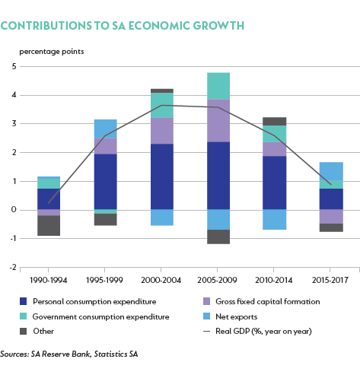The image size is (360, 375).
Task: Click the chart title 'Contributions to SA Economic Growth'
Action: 123,26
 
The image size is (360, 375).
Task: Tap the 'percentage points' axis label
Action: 52,52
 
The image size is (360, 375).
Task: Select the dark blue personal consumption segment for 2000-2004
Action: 162,176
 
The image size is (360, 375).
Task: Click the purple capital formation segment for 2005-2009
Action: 218,121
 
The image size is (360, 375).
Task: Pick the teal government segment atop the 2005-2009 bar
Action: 218,86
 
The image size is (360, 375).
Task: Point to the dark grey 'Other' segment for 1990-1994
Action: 49,226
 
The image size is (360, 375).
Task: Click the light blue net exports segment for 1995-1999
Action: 106,129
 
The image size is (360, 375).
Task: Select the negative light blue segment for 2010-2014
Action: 275,220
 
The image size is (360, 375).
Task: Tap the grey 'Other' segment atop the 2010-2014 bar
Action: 275,122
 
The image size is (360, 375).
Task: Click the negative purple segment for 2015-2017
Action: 331,217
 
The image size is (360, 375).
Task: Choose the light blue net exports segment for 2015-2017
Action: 331,171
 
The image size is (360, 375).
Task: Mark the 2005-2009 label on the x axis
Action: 217,280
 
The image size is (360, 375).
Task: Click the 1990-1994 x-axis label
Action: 48,280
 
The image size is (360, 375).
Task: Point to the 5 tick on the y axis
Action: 14,66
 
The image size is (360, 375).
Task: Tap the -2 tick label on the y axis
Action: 13,267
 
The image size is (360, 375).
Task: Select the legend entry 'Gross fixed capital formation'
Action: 262,301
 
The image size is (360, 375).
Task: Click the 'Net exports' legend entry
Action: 231,316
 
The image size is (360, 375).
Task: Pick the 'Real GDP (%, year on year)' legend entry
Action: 257,332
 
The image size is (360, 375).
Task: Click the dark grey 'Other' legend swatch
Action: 23,332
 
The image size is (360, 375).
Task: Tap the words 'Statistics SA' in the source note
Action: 116,354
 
